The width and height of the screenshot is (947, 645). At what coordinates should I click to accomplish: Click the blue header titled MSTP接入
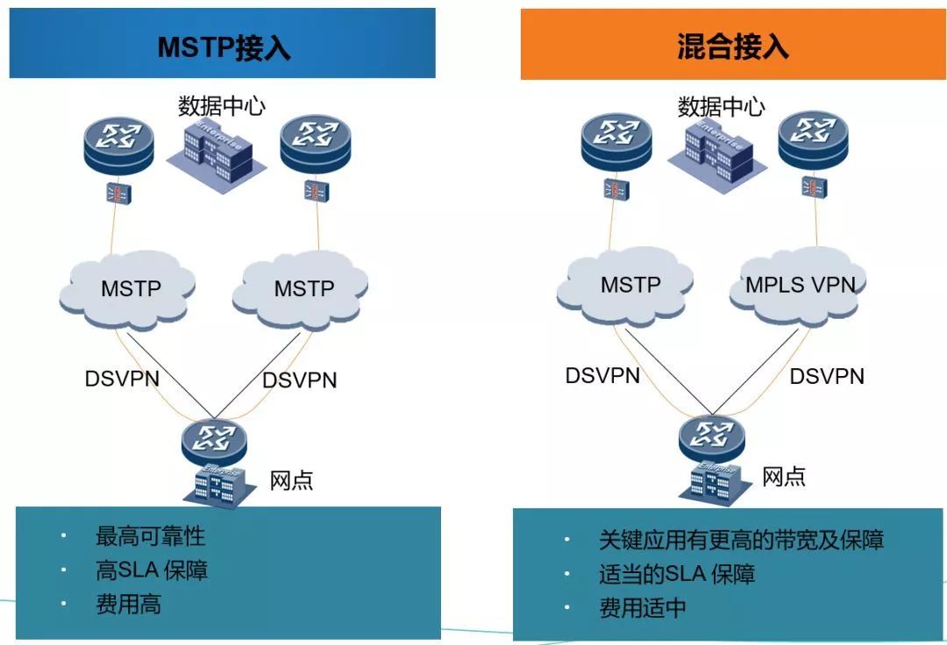point(222,43)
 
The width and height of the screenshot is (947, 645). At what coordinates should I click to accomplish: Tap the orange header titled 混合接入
point(733,44)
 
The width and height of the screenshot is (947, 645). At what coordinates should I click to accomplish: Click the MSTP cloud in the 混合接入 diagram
point(625,286)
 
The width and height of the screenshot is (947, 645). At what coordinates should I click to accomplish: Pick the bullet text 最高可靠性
point(151,535)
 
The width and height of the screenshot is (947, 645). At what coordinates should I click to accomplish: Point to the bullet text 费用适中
point(643,607)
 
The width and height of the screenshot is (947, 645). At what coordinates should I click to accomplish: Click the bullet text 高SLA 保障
point(152,571)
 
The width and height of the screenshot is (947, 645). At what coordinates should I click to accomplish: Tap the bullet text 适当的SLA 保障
point(677,574)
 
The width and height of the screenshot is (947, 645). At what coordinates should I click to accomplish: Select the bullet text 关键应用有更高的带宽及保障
point(742,540)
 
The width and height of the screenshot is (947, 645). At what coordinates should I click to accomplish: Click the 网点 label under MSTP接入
point(291,480)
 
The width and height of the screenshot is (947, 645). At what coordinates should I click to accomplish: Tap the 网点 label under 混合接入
point(784,477)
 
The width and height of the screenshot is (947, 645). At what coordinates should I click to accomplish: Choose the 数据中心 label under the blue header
point(222,106)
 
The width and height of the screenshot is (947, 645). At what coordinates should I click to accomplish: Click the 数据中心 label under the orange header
point(721,107)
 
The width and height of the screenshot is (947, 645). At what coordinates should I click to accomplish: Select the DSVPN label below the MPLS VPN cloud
point(827,377)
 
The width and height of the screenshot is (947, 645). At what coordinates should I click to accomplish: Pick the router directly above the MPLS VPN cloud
point(813,142)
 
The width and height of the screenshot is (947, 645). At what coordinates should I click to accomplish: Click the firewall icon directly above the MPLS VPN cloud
point(813,188)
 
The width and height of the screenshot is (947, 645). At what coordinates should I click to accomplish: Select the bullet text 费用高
point(129,604)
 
